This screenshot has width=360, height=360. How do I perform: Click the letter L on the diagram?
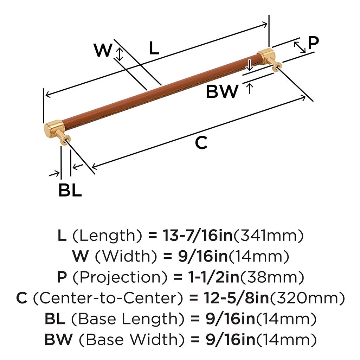(154, 49)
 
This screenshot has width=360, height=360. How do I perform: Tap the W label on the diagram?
(103, 51)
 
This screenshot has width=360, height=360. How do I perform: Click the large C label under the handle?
(201, 143)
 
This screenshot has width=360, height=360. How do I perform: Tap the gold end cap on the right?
(266, 56)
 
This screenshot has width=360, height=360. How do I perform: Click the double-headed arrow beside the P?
(300, 47)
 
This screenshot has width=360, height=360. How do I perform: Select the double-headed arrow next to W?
(120, 54)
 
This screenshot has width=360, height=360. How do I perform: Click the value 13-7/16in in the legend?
(197, 236)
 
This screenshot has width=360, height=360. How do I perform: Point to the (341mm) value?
(269, 236)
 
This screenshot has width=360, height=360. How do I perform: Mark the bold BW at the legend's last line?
(58, 340)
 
